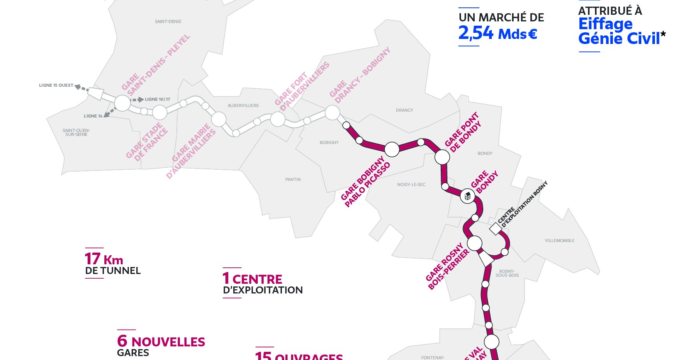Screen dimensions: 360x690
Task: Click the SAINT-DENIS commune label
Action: tap(168, 21)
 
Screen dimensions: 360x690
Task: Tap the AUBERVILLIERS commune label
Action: tap(243, 105)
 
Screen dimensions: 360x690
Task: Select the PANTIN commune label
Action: tap(293, 179)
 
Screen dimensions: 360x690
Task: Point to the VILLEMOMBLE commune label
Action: tap(560, 241)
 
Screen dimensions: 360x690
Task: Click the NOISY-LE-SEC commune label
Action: tap(411, 184)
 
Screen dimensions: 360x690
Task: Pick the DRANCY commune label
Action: tap(404, 110)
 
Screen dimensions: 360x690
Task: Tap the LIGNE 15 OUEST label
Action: tap(56, 85)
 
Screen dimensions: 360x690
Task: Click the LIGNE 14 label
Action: tap(93, 116)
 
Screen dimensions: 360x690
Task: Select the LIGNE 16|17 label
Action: tap(157, 99)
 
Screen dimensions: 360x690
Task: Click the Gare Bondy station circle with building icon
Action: tap(467, 196)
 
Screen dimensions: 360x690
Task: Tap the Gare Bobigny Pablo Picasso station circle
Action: tap(392, 149)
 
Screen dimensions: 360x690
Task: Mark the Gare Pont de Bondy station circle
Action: tap(442, 157)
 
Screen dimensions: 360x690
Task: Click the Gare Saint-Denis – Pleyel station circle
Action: tap(122, 103)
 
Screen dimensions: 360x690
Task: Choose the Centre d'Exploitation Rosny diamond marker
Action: tap(495, 229)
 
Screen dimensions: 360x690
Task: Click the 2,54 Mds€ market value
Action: tap(498, 33)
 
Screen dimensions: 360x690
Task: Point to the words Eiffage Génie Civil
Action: tap(619, 31)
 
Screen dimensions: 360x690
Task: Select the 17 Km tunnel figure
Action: tap(104, 259)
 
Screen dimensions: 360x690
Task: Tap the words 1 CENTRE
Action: tap(252, 279)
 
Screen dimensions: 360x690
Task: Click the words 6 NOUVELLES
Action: tap(161, 341)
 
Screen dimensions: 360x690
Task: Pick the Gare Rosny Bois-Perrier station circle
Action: tap(474, 243)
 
